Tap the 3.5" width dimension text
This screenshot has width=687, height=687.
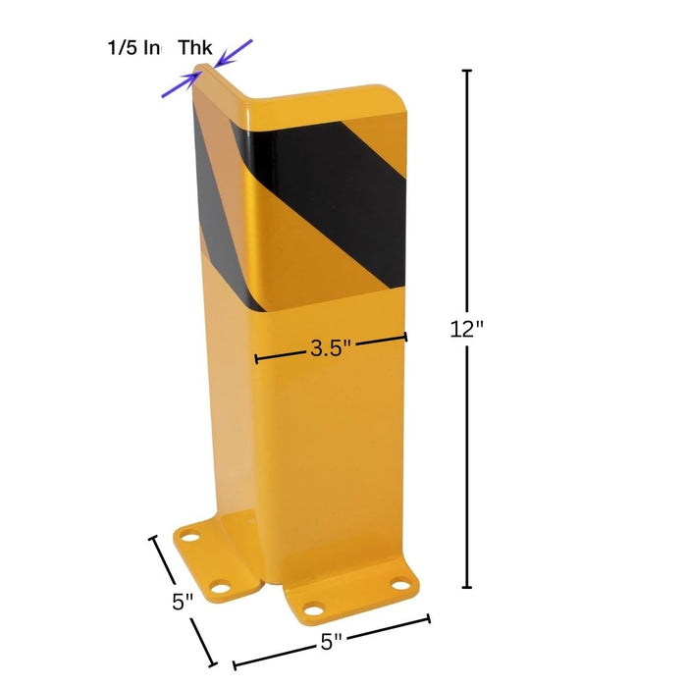click(331, 348)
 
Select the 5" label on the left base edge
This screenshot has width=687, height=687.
click(183, 602)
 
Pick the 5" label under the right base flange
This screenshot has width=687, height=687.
click(331, 643)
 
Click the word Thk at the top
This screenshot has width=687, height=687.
click(194, 47)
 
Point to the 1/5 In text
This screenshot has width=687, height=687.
click(134, 47)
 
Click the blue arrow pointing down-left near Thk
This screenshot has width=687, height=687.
click(236, 52)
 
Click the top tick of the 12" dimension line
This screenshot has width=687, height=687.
click(467, 71)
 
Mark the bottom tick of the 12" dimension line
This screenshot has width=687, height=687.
click(467, 587)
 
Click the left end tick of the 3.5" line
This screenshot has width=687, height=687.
click(256, 358)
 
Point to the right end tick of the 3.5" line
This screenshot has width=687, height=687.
click(405, 338)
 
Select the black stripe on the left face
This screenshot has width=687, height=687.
click(218, 186)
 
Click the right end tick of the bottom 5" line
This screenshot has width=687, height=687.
click(428, 618)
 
